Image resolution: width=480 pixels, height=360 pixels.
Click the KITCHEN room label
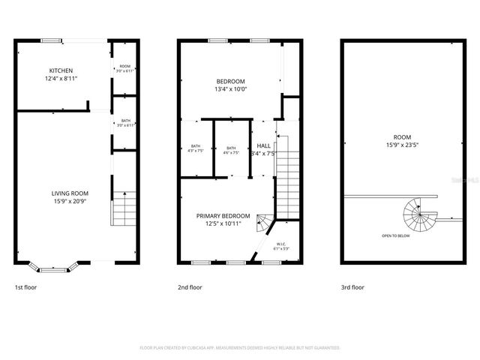pos(61,70)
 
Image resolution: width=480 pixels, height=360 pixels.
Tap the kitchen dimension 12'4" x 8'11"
pos(61,78)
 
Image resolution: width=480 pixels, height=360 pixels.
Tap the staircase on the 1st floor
pos(124,208)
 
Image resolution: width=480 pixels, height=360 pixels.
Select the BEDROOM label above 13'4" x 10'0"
pos(230,81)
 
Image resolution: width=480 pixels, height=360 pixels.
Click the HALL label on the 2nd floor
pos(264,145)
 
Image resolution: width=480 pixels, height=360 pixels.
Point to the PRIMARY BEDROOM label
pos(223,215)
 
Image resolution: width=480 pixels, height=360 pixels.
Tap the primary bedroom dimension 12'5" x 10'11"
pos(223,223)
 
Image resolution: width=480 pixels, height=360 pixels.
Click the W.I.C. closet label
pos(281,244)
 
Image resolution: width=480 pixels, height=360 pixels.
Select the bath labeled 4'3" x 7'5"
pos(196,148)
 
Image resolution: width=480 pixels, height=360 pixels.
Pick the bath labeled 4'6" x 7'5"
pos(231,148)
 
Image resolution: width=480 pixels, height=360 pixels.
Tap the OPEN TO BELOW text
pos(395,236)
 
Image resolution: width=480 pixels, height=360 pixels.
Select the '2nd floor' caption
pos(189,287)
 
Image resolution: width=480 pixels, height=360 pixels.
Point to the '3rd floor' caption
pos(352,287)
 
